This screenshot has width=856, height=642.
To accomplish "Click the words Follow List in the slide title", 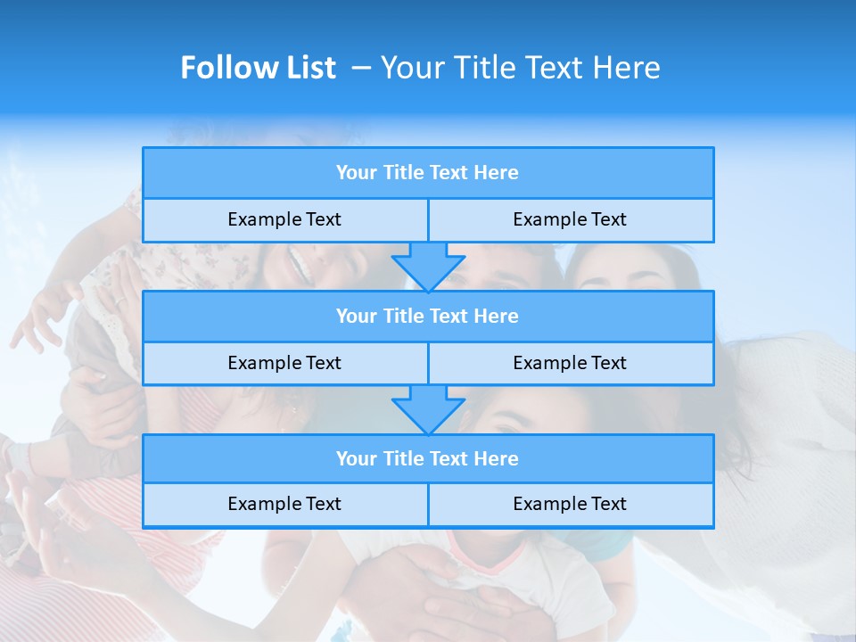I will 258,68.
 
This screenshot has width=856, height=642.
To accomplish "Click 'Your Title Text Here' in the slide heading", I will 520,68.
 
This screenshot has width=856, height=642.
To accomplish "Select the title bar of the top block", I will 427,173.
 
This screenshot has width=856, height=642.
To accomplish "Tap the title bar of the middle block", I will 427,316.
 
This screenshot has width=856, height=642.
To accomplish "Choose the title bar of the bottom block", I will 427,458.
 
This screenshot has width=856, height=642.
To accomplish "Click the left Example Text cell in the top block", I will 284,219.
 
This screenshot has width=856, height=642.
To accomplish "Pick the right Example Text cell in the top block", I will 570,219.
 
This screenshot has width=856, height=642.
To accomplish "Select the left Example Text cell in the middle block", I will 284,363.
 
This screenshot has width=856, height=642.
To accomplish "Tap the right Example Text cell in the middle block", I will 570,363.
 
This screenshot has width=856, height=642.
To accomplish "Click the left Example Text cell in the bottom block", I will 284,504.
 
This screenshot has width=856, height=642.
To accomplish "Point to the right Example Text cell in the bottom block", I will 570,504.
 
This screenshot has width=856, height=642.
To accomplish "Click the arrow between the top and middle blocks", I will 428,267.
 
